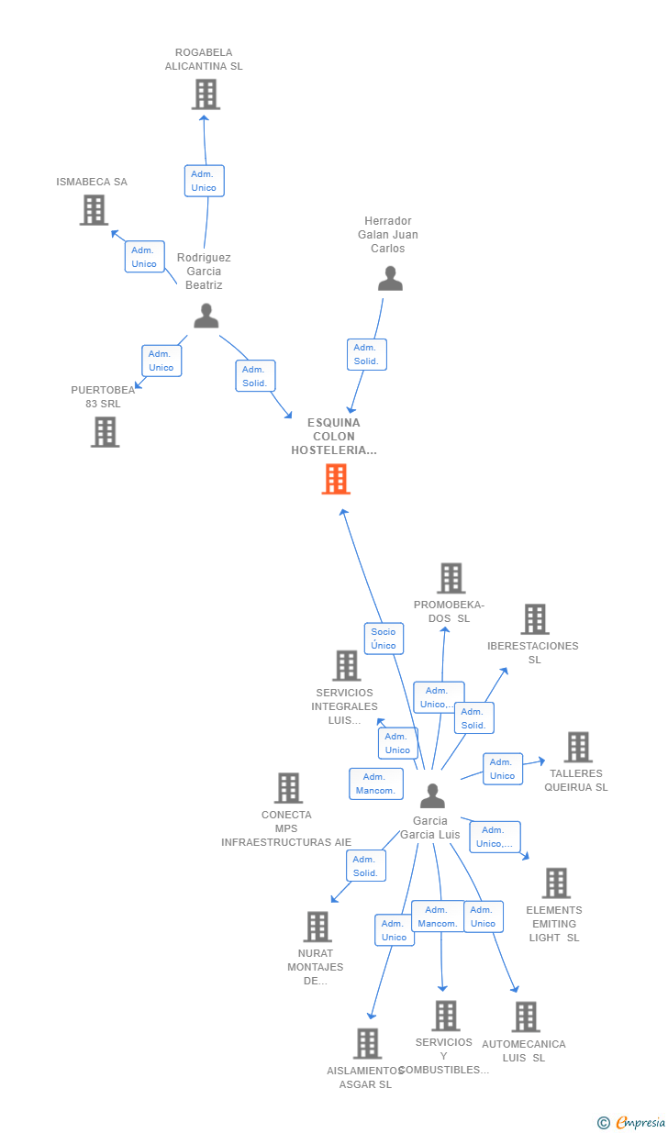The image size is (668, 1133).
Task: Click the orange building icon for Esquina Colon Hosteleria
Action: (x=336, y=479)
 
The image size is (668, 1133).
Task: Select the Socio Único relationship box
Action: (x=384, y=639)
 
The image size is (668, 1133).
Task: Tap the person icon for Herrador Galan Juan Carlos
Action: (x=390, y=279)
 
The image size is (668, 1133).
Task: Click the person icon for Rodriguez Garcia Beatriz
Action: (x=206, y=316)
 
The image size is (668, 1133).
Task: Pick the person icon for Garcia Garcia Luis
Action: (x=433, y=795)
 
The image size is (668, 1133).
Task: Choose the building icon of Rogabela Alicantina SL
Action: (x=206, y=94)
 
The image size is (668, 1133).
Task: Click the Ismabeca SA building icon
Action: (x=95, y=210)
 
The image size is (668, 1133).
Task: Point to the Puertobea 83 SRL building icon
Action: (x=106, y=432)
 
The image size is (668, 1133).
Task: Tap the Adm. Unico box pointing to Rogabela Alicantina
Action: (x=204, y=181)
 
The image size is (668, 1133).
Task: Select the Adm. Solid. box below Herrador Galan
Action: (x=366, y=354)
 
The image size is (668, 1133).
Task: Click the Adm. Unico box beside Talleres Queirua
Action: (x=503, y=769)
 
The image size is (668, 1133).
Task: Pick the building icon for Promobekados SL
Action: (x=451, y=578)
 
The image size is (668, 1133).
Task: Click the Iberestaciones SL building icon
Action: (x=535, y=619)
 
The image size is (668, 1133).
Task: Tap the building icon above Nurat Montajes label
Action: (x=317, y=927)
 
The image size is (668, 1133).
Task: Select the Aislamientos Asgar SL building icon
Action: (x=367, y=1043)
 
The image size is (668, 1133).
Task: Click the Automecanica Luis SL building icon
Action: (x=526, y=1016)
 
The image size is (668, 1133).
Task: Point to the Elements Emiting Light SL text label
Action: (x=554, y=924)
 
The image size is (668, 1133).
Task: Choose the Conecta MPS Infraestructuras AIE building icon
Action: (x=288, y=788)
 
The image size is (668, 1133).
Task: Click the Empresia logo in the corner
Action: (x=631, y=1122)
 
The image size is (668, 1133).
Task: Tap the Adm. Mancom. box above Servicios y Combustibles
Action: (x=438, y=916)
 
